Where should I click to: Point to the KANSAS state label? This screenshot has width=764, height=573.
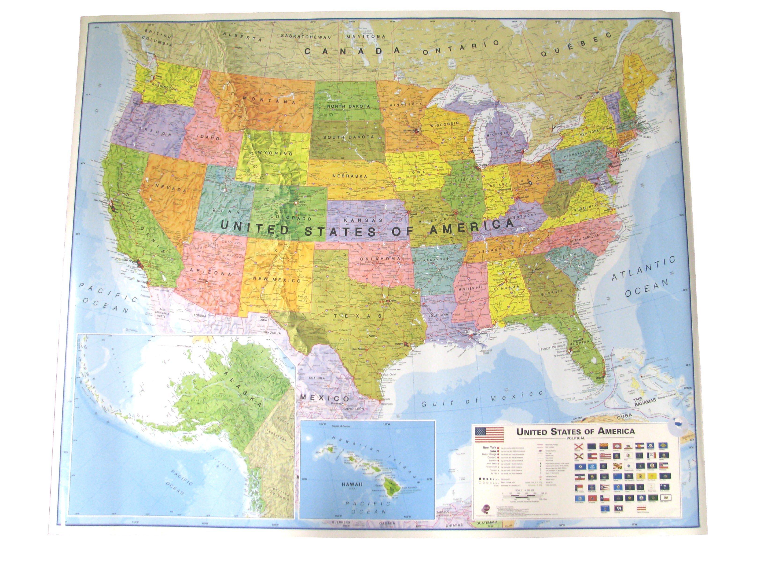coord(365,220)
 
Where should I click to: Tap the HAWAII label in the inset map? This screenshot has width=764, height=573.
coord(352,484)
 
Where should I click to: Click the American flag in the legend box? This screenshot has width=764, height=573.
coord(489,434)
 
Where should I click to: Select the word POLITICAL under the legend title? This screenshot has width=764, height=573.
coord(575,438)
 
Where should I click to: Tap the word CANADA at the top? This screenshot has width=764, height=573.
coord(352,51)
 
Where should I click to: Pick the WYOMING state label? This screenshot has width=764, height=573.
coord(275,153)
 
